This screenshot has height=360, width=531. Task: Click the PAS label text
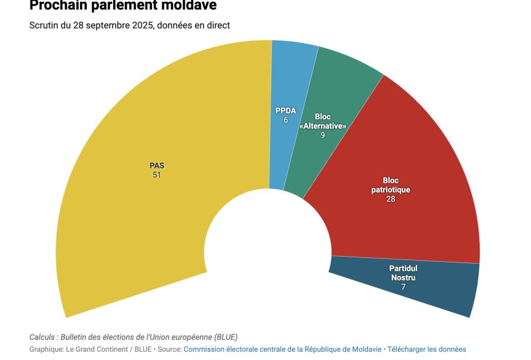pyautogui.click(x=157, y=166)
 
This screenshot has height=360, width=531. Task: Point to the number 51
pyautogui.click(x=157, y=175)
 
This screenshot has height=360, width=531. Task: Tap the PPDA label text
pyautogui.click(x=286, y=110)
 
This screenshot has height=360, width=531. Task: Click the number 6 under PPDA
pyautogui.click(x=286, y=120)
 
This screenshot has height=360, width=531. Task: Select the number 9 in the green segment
pyautogui.click(x=323, y=135)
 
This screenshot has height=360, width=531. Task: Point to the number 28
pyautogui.click(x=391, y=199)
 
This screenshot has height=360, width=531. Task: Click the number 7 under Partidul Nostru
pyautogui.click(x=403, y=287)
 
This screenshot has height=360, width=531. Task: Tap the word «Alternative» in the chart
pyautogui.click(x=323, y=126)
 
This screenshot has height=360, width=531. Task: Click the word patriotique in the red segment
pyautogui.click(x=391, y=190)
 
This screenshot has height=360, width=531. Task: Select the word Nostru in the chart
pyautogui.click(x=403, y=277)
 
